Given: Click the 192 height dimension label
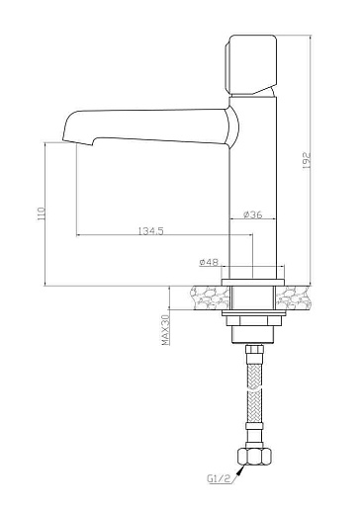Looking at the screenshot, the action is pyautogui.click(x=307, y=161).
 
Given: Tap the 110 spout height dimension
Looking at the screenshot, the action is pyautogui.click(x=42, y=213).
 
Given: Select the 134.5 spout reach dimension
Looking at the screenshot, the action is pyautogui.click(x=150, y=231).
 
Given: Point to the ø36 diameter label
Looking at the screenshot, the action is pyautogui.click(x=253, y=214).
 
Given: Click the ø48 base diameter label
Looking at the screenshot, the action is pyautogui.click(x=209, y=262).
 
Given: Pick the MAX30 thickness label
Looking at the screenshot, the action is pyautogui.click(x=166, y=329).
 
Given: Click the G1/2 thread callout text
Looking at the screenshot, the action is pyautogui.click(x=219, y=479).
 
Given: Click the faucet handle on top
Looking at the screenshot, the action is pyautogui.click(x=250, y=64).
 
